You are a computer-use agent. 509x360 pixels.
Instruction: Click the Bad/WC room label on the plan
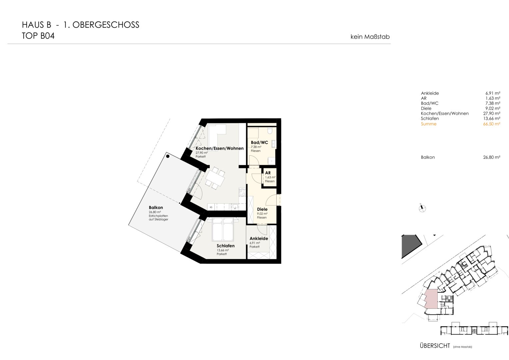point(259,143)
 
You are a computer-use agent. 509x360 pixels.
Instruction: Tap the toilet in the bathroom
point(270,131)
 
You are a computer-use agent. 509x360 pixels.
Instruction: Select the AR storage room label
point(268,173)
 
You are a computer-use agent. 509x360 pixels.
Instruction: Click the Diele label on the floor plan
point(262,209)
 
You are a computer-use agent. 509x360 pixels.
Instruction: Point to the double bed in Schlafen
point(223,229)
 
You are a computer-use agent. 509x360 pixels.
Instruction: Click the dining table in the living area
point(215,178)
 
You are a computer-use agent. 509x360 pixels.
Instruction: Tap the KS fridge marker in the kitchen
point(211,207)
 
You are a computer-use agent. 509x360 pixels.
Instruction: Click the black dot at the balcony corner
point(168,156)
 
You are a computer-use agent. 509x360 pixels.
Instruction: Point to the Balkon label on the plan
point(156,207)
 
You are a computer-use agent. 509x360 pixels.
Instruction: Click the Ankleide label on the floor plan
point(259,238)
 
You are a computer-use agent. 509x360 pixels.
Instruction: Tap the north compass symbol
point(422,208)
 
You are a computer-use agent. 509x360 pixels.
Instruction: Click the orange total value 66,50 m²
point(492,124)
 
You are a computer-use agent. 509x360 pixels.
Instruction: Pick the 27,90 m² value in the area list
point(492,113)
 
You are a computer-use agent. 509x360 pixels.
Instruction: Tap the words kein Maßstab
point(370,37)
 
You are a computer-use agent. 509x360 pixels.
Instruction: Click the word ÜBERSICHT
point(435,346)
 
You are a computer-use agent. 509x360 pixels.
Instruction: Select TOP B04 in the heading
point(38,36)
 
